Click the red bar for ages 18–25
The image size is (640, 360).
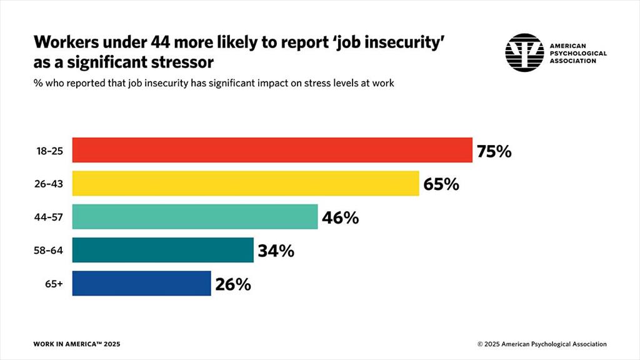(272, 150)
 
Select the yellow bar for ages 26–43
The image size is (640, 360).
(246, 184)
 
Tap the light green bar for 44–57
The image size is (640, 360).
(195, 217)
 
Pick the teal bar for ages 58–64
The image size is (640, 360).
(163, 250)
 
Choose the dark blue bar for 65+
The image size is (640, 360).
(142, 283)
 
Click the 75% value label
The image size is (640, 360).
(494, 151)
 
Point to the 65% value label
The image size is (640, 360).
(441, 184)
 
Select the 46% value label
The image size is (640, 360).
(340, 217)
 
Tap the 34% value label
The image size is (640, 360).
(276, 251)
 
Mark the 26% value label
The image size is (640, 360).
(233, 284)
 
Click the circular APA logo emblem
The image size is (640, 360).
(524, 52)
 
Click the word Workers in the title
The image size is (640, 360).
(67, 42)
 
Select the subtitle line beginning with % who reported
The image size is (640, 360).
(213, 84)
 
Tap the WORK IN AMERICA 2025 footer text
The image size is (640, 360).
(76, 344)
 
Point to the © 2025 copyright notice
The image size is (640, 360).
(541, 344)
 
